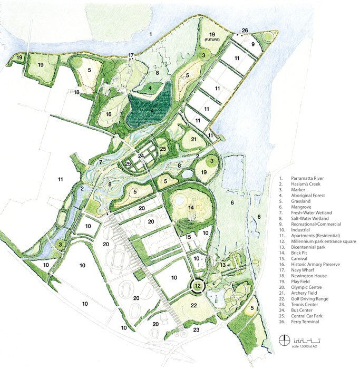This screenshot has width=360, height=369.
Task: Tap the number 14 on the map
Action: pos(191,207)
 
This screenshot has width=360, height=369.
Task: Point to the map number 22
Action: pos(194,305)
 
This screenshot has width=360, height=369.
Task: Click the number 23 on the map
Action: pos(197,330)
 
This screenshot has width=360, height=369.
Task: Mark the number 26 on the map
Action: pos(245,30)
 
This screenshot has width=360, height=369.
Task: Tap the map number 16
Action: pos(109,114)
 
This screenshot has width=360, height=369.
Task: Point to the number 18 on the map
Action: pos(76,92)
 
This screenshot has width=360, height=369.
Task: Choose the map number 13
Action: pos(223,264)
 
